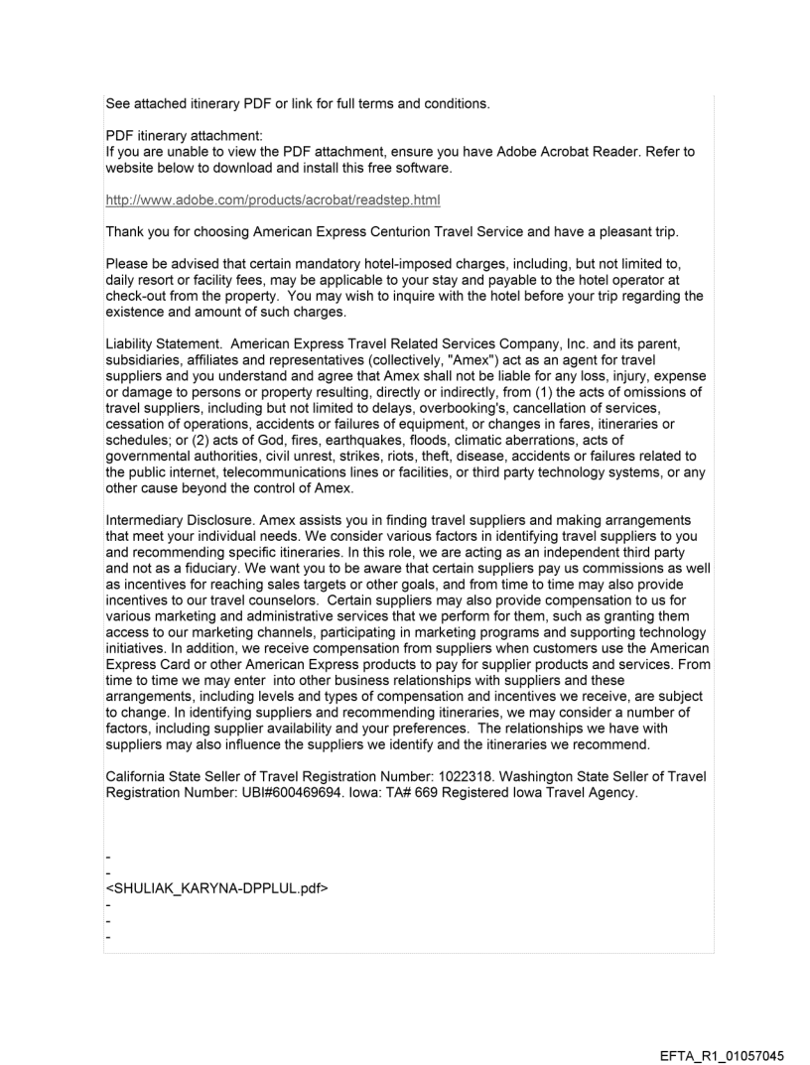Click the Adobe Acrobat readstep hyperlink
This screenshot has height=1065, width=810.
273,200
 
